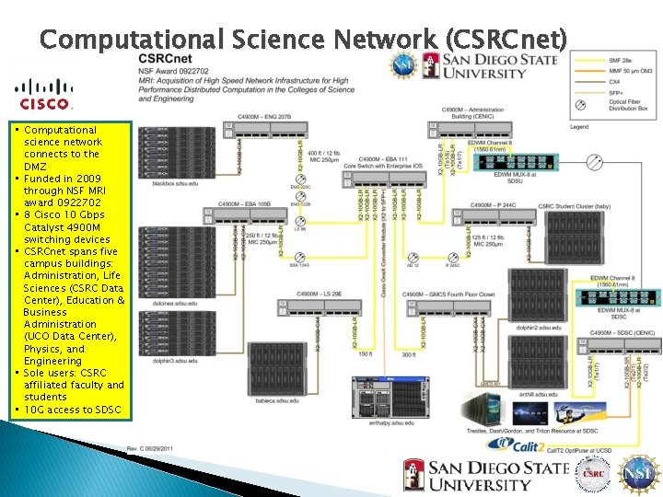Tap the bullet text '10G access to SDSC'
[72, 410]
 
